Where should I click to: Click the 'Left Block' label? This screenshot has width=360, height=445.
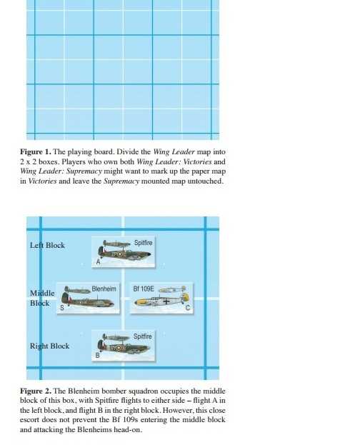47,245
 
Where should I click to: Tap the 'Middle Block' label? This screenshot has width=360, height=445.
42,298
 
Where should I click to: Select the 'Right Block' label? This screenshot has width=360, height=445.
50,346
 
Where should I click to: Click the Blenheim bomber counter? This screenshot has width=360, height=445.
89,299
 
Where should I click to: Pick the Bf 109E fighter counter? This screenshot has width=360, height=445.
161,298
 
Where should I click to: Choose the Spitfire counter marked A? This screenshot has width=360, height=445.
124,251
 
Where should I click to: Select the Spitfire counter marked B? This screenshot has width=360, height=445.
124,346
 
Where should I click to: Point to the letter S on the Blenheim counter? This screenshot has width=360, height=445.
62,308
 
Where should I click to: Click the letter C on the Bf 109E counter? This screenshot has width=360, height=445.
188,308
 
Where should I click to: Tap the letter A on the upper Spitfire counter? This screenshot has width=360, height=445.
99,261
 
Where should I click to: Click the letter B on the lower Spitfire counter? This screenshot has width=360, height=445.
98,355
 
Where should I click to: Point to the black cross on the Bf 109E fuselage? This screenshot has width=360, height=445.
165,301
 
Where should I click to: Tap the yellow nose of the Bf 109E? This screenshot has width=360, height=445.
139,302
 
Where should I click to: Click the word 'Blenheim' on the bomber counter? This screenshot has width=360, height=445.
104,289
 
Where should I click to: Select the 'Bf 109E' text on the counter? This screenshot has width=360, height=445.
144,289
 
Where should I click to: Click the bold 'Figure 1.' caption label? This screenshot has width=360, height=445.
36,152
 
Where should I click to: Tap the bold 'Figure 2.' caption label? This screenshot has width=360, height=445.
36,391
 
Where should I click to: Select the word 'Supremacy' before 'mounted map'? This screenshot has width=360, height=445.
121,181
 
